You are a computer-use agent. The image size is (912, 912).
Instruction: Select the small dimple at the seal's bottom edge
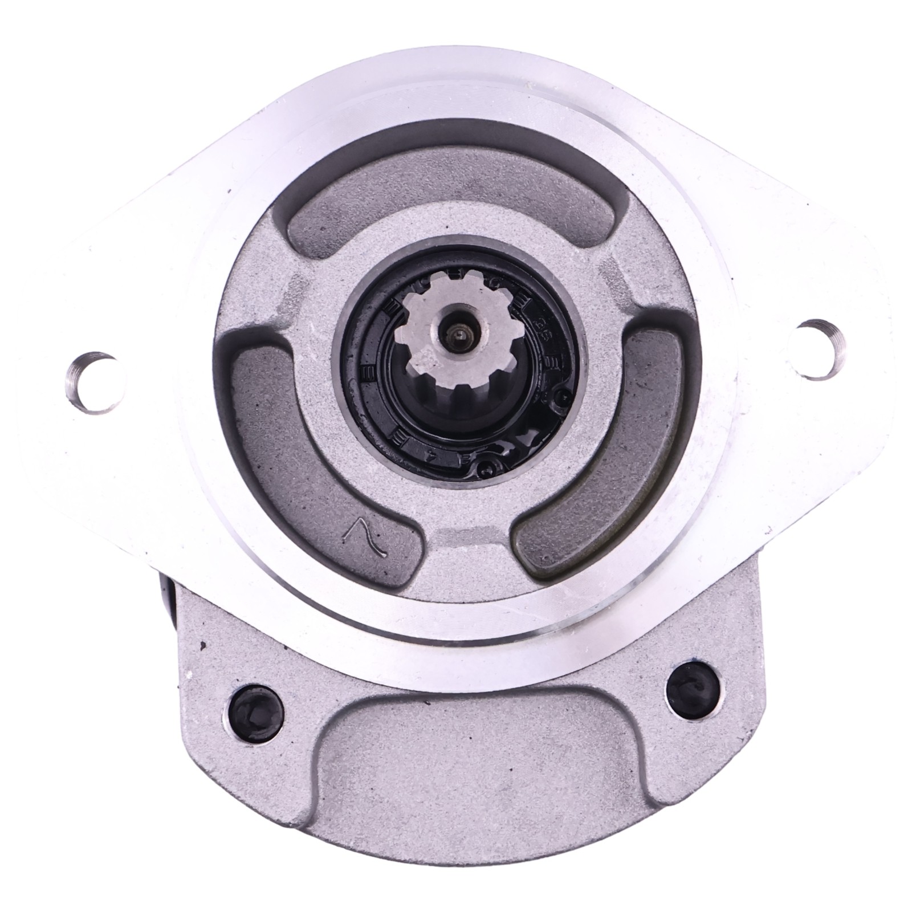click(485, 469)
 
